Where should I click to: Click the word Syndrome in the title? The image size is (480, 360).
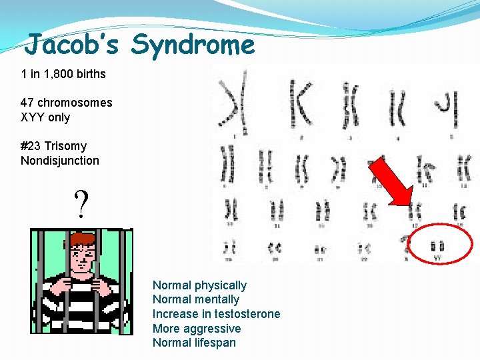coord(193,45)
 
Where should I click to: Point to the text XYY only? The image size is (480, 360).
coord(45,117)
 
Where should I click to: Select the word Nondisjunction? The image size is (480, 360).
coord(60,161)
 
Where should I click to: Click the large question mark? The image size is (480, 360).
coord(81,205)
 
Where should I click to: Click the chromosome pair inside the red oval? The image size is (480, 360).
coord(438,246)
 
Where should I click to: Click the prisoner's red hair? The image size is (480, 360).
coord(82,239)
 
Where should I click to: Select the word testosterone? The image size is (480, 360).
coord(247,314)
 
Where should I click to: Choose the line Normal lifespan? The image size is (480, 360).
coord(194,343)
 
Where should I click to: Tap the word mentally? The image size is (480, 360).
coord(217,300)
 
